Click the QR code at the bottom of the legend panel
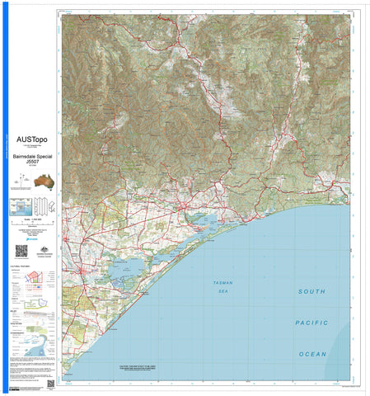[x=50, y=384]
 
